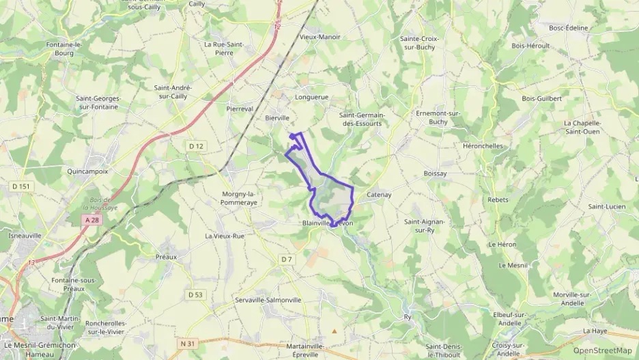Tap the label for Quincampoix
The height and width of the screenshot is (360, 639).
[87, 171]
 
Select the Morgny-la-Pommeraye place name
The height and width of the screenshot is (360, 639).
[238, 198]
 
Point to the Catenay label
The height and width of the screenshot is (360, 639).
[379, 195]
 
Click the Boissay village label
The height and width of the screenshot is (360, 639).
[435, 174]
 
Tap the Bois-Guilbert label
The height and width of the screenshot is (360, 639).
[541, 98]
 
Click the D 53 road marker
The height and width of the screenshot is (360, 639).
[195, 294]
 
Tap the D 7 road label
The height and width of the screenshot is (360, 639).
[286, 259]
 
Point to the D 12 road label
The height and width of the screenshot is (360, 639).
[196, 146]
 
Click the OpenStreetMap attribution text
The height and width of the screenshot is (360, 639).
[602, 350]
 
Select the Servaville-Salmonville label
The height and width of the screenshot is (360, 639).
[268, 300]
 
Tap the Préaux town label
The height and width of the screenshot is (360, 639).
[166, 257]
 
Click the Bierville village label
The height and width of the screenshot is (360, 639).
[277, 118]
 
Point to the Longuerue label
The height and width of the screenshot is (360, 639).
[311, 97]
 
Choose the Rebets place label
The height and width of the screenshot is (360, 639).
[498, 199]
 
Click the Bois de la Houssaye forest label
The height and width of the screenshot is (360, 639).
[100, 203]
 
